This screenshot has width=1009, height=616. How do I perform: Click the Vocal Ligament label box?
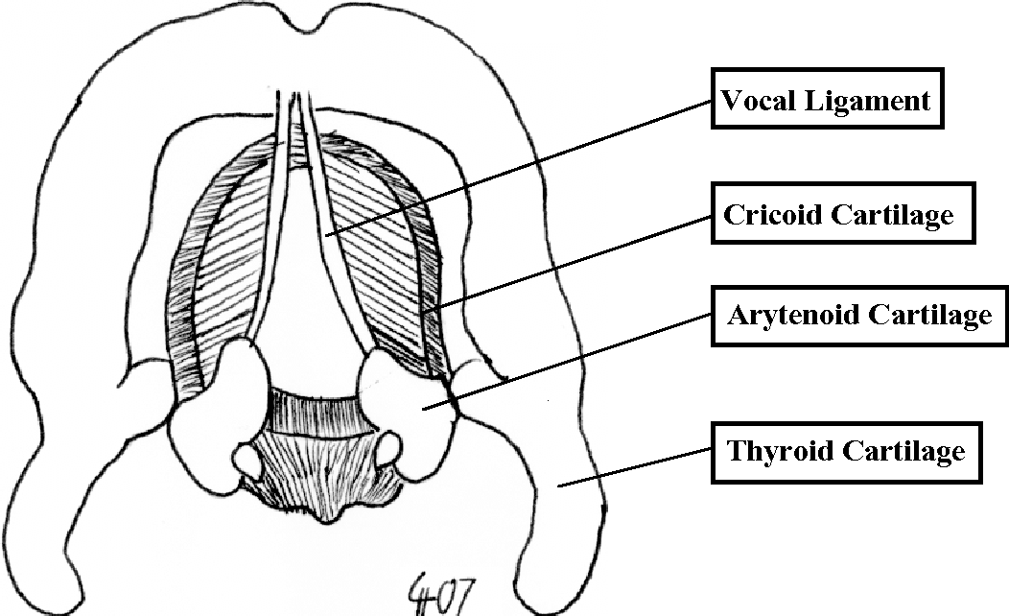tap(827, 100)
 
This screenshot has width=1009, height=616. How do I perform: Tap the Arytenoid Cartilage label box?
tap(858, 314)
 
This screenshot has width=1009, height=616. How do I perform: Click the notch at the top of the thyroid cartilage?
tap(306, 19)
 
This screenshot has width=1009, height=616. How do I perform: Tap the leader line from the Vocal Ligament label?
tap(518, 168)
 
